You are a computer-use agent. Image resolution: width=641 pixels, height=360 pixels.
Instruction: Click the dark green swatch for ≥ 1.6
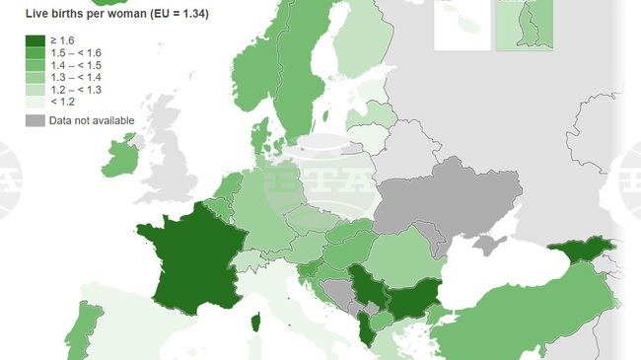[x=36, y=40]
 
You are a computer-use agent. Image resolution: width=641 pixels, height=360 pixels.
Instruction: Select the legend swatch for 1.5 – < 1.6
[x=36, y=52]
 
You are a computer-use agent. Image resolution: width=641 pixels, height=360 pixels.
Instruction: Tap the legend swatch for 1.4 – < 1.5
[x=36, y=64]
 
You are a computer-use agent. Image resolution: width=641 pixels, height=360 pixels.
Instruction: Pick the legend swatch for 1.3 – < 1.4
[x=36, y=76]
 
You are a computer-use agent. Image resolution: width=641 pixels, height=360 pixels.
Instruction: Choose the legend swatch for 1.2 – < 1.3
[x=36, y=88]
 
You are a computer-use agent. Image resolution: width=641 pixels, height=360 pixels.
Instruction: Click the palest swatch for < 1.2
[x=36, y=100]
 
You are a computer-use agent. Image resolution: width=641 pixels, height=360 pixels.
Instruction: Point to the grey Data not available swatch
[x=36, y=120]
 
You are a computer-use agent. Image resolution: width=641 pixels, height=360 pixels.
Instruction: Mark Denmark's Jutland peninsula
[x=260, y=138]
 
